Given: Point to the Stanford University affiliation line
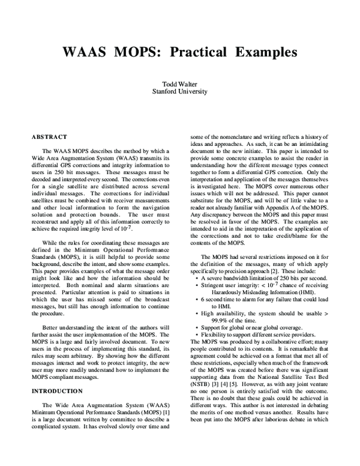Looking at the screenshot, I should (x=180, y=92).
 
